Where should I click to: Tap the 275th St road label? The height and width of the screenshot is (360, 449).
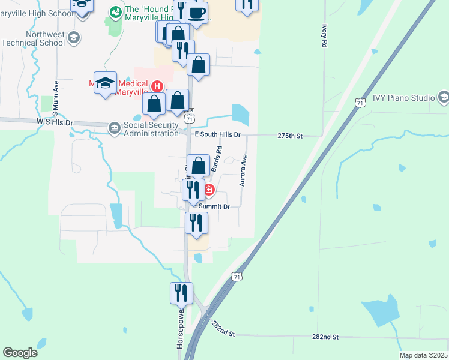291,136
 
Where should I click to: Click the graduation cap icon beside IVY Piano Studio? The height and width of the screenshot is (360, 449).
444,97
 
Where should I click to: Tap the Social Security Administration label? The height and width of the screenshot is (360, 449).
151,129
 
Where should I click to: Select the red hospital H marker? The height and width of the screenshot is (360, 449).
157,86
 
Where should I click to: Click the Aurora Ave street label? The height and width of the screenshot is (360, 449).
244,170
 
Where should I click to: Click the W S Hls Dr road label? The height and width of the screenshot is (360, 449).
55,122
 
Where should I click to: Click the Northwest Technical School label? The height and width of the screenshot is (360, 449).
33,39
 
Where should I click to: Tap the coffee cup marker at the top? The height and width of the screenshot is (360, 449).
196,12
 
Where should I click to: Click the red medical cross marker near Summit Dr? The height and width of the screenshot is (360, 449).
209,191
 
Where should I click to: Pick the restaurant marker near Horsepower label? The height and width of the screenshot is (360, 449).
181,293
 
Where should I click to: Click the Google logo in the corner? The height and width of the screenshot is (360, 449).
20,353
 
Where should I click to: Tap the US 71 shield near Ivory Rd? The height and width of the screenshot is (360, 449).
360,103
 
